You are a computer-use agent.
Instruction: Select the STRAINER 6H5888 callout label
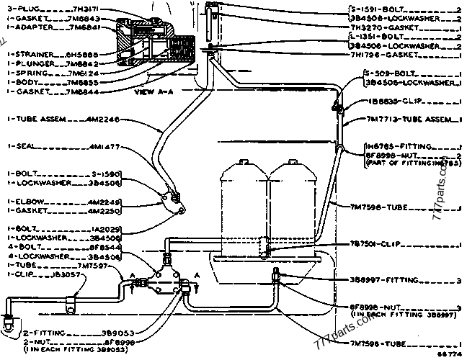[x=43, y=53]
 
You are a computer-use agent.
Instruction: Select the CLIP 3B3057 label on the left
[x=37, y=274]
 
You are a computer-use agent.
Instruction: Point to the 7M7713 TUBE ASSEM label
[x=404, y=120]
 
